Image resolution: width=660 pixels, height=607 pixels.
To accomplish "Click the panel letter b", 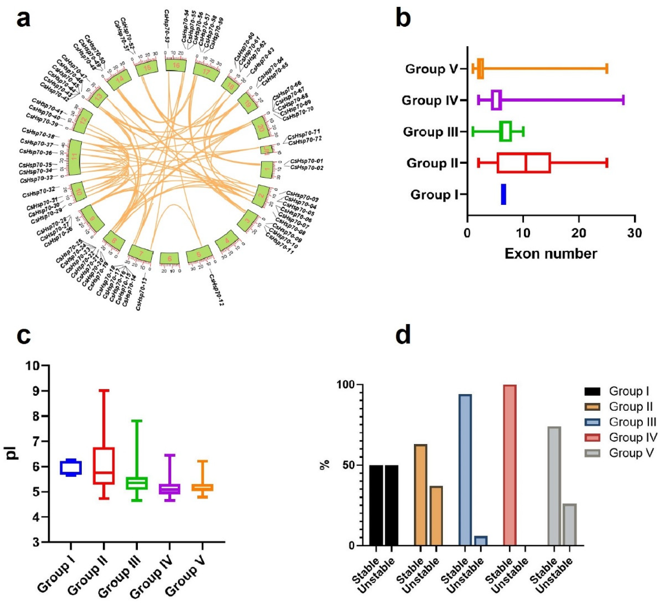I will click(x=403, y=19).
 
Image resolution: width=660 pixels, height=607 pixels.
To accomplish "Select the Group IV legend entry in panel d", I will click(x=632, y=437).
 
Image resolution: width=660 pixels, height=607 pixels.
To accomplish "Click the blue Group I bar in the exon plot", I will click(x=503, y=194).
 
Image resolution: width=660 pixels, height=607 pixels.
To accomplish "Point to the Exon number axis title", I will click(x=551, y=254).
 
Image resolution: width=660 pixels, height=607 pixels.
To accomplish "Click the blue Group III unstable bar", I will click(x=481, y=541).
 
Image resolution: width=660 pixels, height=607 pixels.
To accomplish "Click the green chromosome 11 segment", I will click(x=75, y=158).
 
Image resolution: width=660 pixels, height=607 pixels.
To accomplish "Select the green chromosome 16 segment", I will click(x=176, y=65).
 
